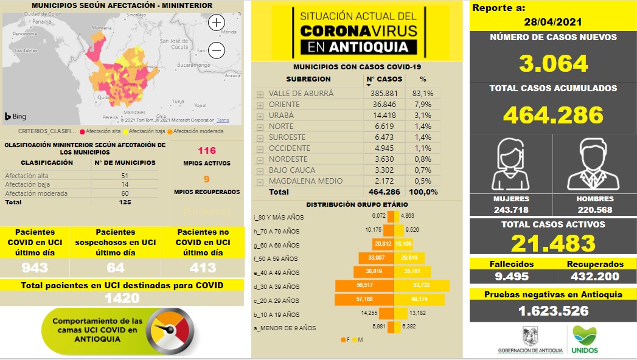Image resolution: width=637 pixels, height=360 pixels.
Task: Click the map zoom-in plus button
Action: point(217,23)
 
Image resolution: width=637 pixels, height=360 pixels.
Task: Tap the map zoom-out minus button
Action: point(217,50)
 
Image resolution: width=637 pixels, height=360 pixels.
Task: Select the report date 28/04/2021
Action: point(552,21)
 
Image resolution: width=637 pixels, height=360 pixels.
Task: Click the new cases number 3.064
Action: point(553,63)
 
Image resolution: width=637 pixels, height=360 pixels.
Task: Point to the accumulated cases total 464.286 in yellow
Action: point(553,114)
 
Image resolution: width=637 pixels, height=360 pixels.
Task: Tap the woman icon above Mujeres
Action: point(510,165)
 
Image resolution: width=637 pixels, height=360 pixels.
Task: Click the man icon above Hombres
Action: point(594,165)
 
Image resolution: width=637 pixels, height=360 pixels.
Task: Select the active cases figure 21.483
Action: point(553,243)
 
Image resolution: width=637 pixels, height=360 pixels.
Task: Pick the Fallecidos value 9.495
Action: point(510,277)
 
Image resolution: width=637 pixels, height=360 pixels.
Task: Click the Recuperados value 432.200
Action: point(595,277)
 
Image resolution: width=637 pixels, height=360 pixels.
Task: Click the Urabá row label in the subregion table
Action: point(281,116)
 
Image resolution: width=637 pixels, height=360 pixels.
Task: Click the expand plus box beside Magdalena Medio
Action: point(260,181)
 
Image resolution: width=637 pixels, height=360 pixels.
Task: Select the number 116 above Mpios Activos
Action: point(207,150)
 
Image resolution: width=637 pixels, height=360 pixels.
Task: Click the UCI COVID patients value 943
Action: point(35,268)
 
